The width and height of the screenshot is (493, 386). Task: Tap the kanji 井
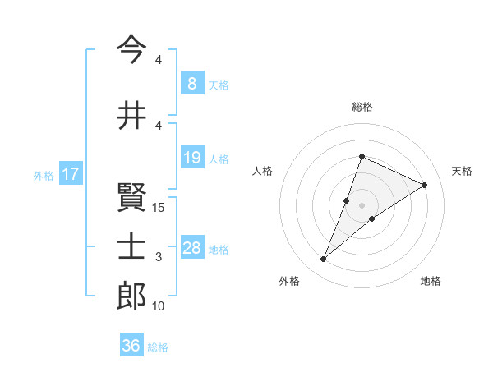tap(131, 116)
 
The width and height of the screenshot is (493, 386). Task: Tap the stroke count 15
tap(159, 208)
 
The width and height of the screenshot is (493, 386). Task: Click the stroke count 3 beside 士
tap(159, 257)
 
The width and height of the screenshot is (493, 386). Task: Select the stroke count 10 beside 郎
tap(159, 306)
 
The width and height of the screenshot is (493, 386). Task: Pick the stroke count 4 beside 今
tap(159, 60)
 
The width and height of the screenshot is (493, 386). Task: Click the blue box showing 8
tap(191, 84)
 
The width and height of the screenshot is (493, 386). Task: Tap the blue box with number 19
tap(191, 158)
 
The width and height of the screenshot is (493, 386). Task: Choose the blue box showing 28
tap(192, 248)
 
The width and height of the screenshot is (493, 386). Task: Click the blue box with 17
tap(70, 174)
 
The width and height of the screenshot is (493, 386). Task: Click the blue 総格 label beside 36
tap(158, 347)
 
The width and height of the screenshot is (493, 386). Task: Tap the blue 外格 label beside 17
tap(44, 175)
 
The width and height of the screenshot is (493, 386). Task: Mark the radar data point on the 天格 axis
tap(425, 185)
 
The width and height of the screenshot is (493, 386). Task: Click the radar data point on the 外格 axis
tap(324, 260)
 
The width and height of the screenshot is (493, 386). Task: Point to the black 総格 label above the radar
tap(362, 107)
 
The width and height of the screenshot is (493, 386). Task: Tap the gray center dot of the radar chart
tap(362, 204)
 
